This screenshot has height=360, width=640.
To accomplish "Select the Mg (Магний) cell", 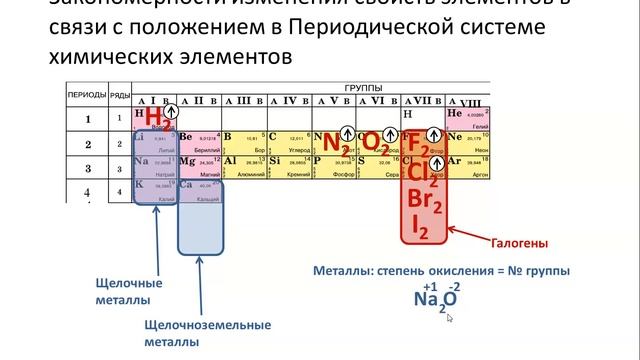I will click(200, 164).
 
